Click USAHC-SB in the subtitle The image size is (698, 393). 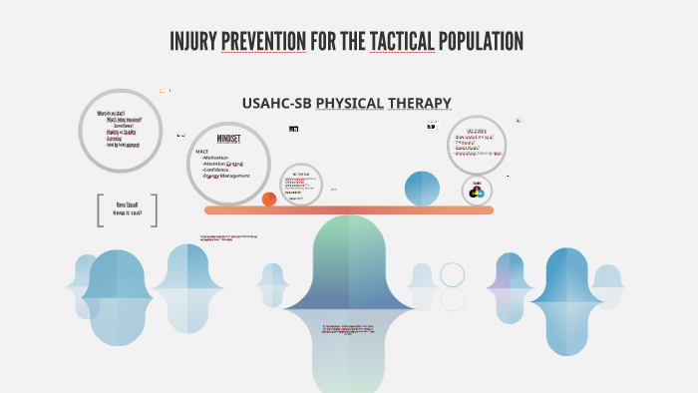(276, 103)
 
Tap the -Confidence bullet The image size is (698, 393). (221, 170)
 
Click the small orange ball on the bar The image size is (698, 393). (269, 199)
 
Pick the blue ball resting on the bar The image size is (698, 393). (422, 189)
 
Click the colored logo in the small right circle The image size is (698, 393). (478, 191)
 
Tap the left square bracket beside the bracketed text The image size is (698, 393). (101, 209)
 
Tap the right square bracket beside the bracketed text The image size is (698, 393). (154, 209)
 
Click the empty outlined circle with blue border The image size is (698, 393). (453, 274)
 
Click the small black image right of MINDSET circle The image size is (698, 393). (293, 129)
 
